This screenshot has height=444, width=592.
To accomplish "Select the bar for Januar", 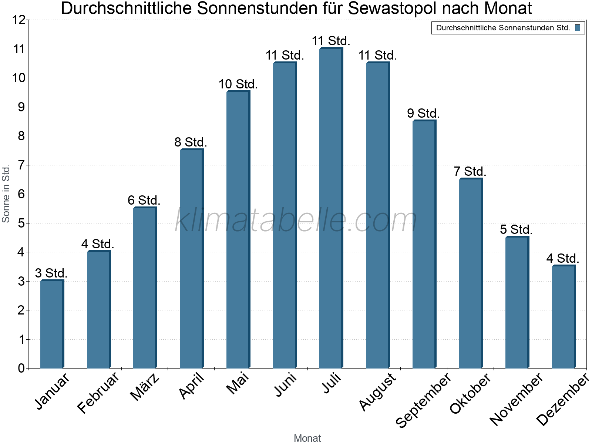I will pyautogui.click(x=52, y=324).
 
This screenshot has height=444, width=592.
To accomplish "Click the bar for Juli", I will pyautogui.click(x=331, y=208).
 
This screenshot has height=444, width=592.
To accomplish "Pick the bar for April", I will pyautogui.click(x=191, y=259).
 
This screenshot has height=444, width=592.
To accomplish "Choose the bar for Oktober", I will pyautogui.click(x=471, y=274).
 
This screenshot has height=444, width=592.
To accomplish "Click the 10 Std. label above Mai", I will pyautogui.click(x=238, y=84).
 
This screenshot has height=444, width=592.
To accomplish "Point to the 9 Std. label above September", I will pyautogui.click(x=424, y=113).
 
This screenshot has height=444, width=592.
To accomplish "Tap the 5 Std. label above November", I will pyautogui.click(x=517, y=229).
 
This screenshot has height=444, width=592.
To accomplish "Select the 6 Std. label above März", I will pyautogui.click(x=144, y=200).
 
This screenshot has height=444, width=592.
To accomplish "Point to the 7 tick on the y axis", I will pyautogui.click(x=21, y=165).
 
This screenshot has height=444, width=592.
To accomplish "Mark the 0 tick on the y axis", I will pyautogui.click(x=21, y=368).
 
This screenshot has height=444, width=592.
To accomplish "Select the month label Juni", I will pyautogui.click(x=285, y=385).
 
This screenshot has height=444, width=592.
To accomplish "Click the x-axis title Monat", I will pyautogui.click(x=307, y=438).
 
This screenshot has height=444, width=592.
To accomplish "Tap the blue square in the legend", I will pyautogui.click(x=578, y=28).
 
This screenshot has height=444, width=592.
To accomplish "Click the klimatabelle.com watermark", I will pyautogui.click(x=296, y=221).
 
